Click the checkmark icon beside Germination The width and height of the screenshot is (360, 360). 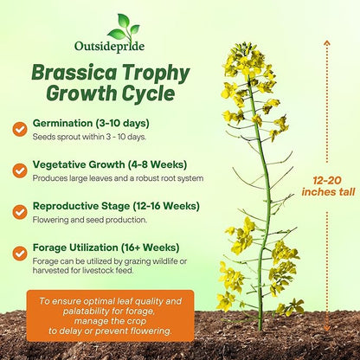pyautogui.click(x=19, y=129)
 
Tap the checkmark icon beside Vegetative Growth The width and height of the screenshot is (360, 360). pyautogui.click(x=19, y=170)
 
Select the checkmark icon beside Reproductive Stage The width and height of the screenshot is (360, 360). pyautogui.click(x=19, y=211)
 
